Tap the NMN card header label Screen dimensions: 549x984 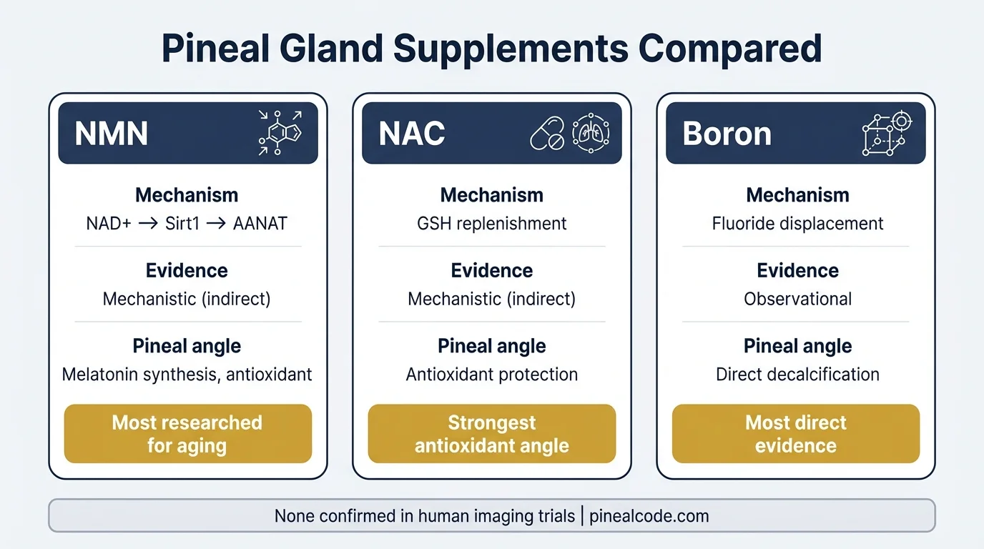[x=112, y=134]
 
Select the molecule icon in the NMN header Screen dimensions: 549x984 [x=280, y=133]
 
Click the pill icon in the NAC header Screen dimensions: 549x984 [x=547, y=134]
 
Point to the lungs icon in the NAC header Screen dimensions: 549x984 [x=590, y=133]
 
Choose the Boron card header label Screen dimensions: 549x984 [x=727, y=134]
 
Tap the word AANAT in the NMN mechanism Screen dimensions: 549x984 [x=260, y=224]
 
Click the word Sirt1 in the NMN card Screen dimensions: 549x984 [x=182, y=224]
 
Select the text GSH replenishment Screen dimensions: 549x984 [x=492, y=224]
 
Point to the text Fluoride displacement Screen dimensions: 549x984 [x=797, y=224]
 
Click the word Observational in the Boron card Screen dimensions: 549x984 [x=797, y=299]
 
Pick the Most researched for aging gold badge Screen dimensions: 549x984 [x=187, y=434]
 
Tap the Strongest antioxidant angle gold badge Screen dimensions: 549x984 [x=492, y=434]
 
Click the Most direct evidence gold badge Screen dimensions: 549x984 [x=796, y=434]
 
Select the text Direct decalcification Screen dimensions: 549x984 [x=797, y=375]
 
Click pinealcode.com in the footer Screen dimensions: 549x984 [x=649, y=516]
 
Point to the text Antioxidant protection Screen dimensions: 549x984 [x=492, y=375]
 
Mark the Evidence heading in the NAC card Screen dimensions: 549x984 [x=492, y=270]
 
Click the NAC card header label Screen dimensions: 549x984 [x=412, y=134]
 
